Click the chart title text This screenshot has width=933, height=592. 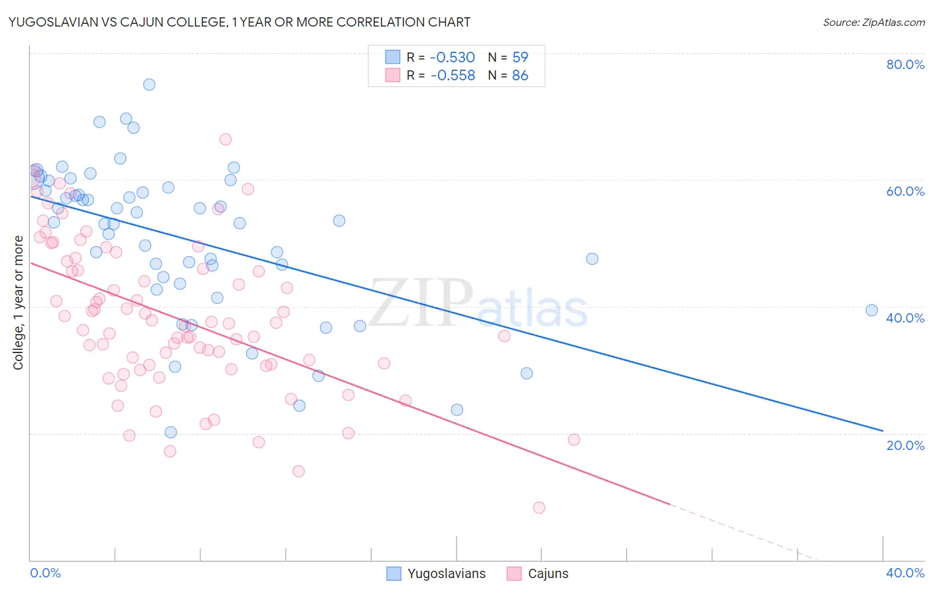click(239, 22)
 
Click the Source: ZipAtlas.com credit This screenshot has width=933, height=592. click(873, 22)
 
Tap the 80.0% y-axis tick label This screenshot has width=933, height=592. click(905, 64)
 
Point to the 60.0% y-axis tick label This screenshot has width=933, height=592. click(905, 191)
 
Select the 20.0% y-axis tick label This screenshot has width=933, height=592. click(905, 445)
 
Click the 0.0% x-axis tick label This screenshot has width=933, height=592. click(46, 573)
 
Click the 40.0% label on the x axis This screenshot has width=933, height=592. click(905, 573)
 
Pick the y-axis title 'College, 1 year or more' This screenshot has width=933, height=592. click(19, 303)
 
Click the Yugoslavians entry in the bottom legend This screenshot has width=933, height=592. click(436, 574)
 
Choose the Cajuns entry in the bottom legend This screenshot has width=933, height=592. click(538, 574)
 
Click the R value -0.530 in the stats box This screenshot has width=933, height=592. click(453, 57)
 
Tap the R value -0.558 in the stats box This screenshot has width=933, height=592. click(453, 76)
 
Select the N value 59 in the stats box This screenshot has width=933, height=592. click(520, 57)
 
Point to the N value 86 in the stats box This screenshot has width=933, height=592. click(520, 76)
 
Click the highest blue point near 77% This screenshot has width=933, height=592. click(149, 84)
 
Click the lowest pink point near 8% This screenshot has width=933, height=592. click(539, 508)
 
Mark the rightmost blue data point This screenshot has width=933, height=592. click(872, 310)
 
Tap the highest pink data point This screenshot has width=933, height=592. click(226, 139)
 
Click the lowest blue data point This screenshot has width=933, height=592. click(171, 432)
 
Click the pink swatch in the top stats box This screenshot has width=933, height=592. click(393, 76)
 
